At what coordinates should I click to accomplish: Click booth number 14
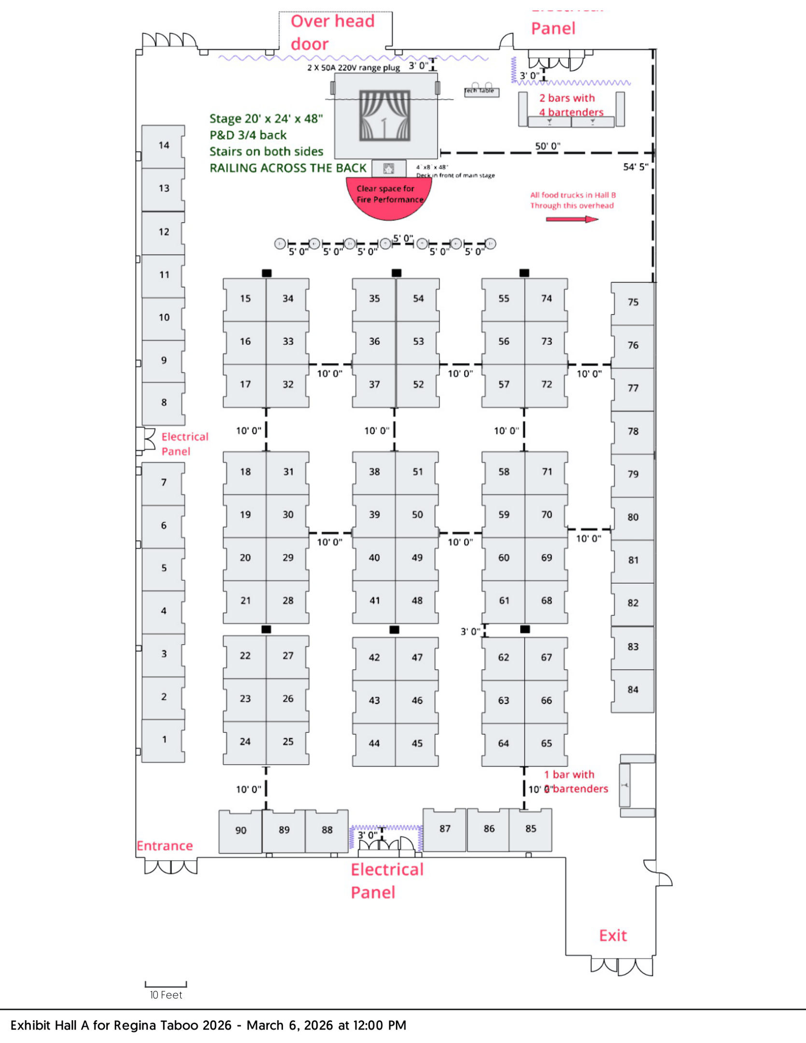(x=164, y=145)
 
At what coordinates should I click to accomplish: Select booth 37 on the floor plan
(x=374, y=384)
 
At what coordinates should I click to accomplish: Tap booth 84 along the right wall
(x=633, y=690)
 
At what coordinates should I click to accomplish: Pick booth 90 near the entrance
(x=240, y=830)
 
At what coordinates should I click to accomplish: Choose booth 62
(x=503, y=657)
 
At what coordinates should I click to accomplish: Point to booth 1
(x=164, y=739)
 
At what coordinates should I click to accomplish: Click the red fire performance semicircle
(x=389, y=198)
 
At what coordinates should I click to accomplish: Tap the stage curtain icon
(x=384, y=116)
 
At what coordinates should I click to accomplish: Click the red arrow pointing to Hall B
(x=572, y=219)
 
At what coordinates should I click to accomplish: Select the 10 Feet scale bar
(x=166, y=984)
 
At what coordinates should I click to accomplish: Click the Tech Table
(x=481, y=91)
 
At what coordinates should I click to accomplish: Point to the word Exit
(x=613, y=935)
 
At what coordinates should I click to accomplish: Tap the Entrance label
(x=165, y=846)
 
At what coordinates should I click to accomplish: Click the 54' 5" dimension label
(x=636, y=167)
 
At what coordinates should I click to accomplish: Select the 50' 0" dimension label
(x=547, y=146)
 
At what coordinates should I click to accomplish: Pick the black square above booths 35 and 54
(x=396, y=273)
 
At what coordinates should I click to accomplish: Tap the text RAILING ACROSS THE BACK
(x=288, y=168)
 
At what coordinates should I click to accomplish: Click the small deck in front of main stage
(x=389, y=169)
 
